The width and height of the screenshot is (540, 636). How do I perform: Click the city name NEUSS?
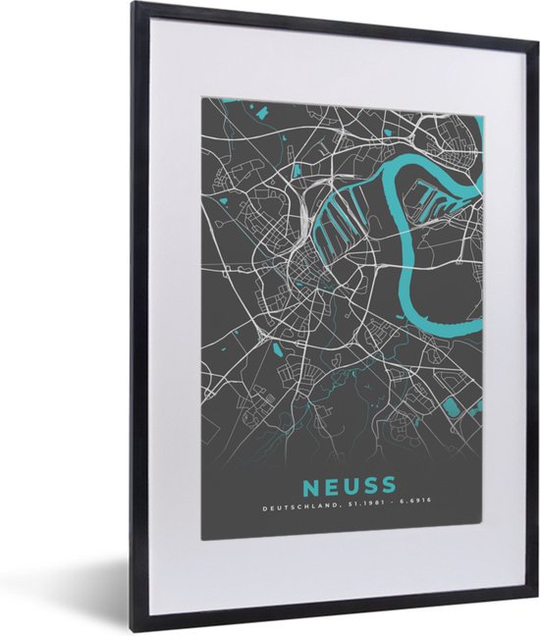click(x=350, y=485)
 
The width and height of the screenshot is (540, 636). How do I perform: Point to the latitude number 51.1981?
click(x=356, y=507)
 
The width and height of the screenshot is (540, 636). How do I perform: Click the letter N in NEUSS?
click(x=311, y=485)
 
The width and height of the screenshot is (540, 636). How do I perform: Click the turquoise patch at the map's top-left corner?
click(x=221, y=101)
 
